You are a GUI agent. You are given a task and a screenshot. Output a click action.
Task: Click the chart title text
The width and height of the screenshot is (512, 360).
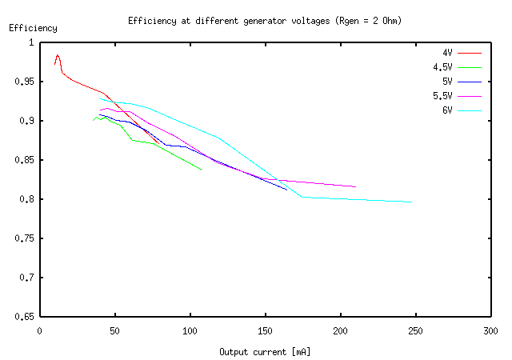[x=264, y=20]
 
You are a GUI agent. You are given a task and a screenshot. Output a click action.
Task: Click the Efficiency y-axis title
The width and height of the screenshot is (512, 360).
[x=33, y=28]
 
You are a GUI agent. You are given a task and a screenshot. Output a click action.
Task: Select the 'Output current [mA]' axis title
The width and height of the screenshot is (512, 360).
[x=265, y=351]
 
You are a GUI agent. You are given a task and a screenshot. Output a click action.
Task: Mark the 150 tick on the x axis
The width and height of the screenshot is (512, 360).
[x=265, y=329]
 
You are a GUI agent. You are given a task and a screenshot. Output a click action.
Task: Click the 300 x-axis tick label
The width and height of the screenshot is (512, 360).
[x=491, y=329]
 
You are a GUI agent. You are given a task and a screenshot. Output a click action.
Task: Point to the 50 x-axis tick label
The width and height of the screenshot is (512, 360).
[x=114, y=329]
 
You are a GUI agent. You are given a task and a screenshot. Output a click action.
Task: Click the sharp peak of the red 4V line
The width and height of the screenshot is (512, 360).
[x=58, y=55]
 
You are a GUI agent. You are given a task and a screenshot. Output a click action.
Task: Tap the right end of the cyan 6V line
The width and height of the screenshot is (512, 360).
[x=412, y=202]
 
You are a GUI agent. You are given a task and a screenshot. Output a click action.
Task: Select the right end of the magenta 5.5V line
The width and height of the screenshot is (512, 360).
[x=355, y=186]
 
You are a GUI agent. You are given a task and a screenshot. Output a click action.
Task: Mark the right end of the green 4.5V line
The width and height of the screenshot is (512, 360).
[x=201, y=170]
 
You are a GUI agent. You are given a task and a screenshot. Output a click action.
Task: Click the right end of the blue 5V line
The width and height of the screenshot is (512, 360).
[x=287, y=190]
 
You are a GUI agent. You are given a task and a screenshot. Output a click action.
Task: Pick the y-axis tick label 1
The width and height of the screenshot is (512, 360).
[x=32, y=42]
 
